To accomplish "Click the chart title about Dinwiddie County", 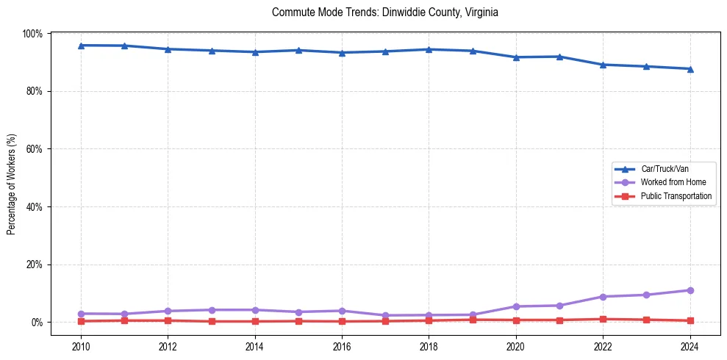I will tap(385, 12).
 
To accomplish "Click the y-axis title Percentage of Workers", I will tap(12, 184).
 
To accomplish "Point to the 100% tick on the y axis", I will tap(33, 34).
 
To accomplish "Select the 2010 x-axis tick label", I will tap(81, 347).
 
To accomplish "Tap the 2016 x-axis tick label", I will tap(342, 347).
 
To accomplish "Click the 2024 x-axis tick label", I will tap(690, 347).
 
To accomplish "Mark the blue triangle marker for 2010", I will tap(81, 46).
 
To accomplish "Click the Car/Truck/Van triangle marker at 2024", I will tap(690, 69).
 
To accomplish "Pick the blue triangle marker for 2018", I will tap(429, 49).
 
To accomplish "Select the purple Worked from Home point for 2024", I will tap(690, 290).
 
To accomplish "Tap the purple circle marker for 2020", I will tap(516, 306).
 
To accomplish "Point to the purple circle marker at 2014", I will tap(255, 310).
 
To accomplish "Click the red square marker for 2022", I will tap(603, 319).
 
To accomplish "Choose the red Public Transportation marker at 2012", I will tap(168, 320).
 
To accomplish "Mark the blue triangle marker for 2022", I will tap(603, 65).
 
